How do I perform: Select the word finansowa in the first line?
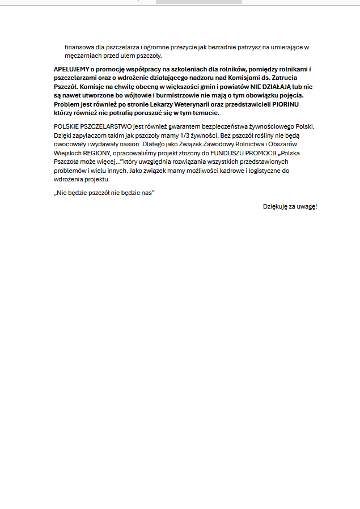click(79, 47)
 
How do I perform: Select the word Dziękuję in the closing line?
click(276, 206)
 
